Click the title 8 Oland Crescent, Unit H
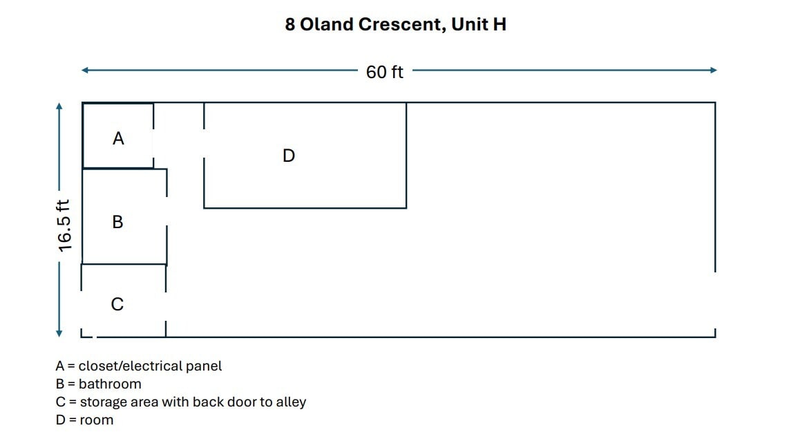395,24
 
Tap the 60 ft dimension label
384,72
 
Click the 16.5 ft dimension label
64,225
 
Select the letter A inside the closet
118,138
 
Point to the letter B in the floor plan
118,221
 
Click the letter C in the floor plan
117,304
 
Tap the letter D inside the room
289,156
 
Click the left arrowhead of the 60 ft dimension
85,70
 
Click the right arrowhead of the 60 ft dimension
713,70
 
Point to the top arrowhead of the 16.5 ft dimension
59,106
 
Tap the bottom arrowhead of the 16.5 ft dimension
59,333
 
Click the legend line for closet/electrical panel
138,366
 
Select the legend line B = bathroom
98,384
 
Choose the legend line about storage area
180,402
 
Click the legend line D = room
84,420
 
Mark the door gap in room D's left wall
205,143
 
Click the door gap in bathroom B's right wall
167,211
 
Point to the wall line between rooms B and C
124,264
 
